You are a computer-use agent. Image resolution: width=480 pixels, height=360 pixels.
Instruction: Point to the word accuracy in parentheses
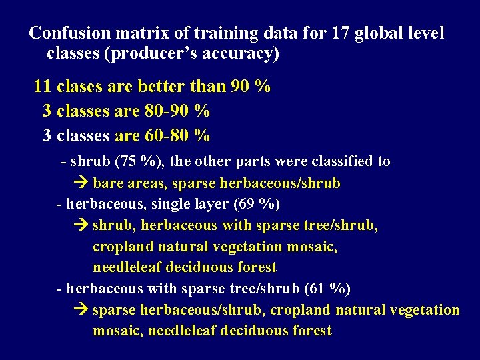243,53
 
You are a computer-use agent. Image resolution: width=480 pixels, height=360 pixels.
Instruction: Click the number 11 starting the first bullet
43,86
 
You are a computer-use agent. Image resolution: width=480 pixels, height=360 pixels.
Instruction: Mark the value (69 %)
253,203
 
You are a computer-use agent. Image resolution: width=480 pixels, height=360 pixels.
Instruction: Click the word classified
345,161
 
